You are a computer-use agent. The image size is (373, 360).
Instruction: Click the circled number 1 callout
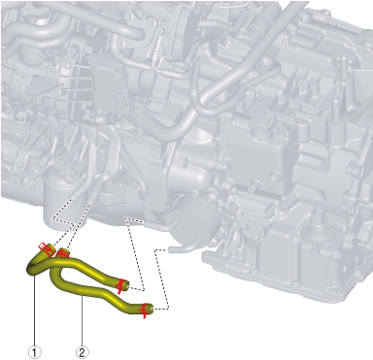[x=35, y=352]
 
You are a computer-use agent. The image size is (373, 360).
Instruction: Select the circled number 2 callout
[x=82, y=352]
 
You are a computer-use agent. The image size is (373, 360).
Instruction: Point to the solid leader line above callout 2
[x=82, y=321]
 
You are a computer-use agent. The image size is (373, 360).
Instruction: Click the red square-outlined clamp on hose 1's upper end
[x=45, y=247]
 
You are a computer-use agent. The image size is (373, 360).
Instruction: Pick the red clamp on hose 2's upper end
[x=61, y=252]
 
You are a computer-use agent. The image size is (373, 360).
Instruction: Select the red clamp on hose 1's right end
[x=121, y=285]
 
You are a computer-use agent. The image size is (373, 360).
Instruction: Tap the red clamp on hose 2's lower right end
[x=144, y=311]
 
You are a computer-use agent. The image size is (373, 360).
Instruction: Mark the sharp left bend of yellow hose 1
[x=31, y=269]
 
